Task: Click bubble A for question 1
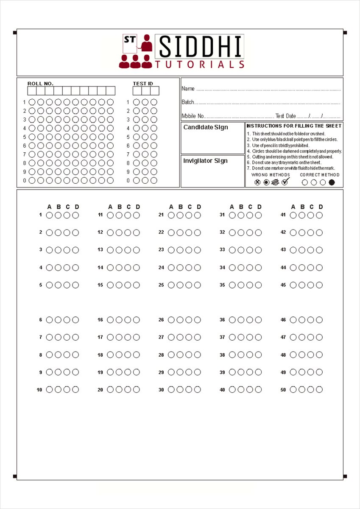coord(49,215)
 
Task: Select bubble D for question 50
coord(319,390)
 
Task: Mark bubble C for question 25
coord(189,285)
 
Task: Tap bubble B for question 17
coord(119,337)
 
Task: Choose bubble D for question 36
coord(258,320)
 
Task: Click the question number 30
coord(161,390)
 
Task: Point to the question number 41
coord(283,215)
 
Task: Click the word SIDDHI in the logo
coord(200,47)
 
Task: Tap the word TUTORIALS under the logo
coord(200,64)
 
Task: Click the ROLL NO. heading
coord(40,84)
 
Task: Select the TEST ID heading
coord(143,84)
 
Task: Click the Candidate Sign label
coord(206,127)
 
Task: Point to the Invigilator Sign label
coord(205,161)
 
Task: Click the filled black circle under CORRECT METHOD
coord(332,182)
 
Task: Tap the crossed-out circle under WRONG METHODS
coord(257,182)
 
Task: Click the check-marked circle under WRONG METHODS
coord(285,182)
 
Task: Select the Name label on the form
coord(188,89)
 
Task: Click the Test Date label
coord(285,116)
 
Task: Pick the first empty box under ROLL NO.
coord(32,91)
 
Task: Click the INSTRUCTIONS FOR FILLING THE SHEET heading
coord(294,126)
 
